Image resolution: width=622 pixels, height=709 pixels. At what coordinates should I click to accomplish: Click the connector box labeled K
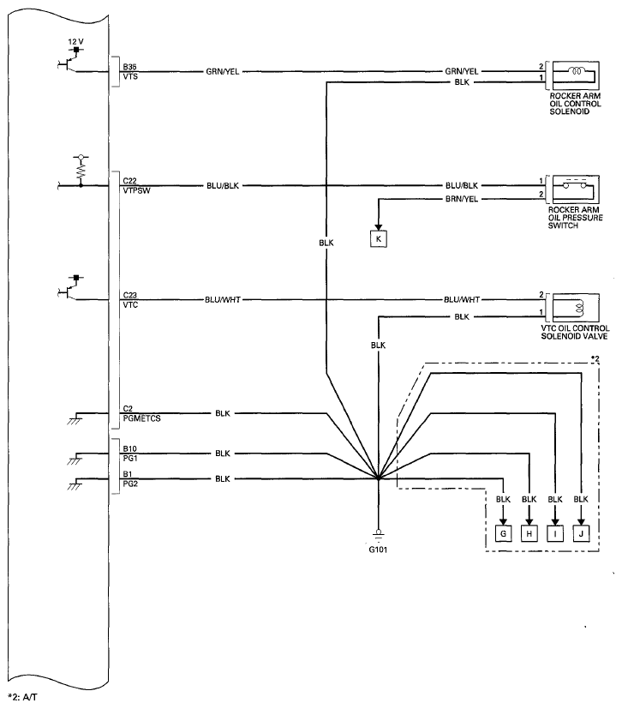click(x=379, y=238)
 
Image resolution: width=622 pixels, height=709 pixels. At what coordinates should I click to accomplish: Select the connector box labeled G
click(x=503, y=533)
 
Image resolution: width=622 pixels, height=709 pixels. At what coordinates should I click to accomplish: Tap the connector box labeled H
click(x=529, y=533)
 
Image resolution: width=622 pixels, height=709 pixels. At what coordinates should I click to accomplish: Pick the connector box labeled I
click(x=555, y=533)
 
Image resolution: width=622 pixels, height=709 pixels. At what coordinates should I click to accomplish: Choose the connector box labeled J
click(x=581, y=533)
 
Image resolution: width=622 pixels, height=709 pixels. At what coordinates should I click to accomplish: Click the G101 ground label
click(x=378, y=550)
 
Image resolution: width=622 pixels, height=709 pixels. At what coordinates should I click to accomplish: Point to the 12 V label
click(x=76, y=42)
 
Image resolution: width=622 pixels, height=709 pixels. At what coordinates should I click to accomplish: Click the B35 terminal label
click(x=129, y=67)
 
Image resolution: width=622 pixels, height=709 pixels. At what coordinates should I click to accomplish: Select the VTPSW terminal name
click(x=136, y=191)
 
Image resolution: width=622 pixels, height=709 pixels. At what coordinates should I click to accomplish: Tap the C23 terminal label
click(x=129, y=295)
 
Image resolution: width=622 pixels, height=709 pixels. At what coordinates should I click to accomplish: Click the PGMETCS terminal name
click(x=142, y=418)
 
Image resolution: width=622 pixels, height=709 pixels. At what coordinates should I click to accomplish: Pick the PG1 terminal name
click(x=130, y=459)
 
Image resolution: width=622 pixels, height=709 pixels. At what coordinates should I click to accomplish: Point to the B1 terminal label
click(x=128, y=474)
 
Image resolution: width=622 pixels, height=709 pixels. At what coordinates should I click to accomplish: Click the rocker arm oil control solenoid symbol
click(x=573, y=75)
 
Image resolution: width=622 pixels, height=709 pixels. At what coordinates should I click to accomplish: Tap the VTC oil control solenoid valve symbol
click(x=573, y=308)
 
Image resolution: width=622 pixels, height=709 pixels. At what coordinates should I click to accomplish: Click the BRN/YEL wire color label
click(x=462, y=199)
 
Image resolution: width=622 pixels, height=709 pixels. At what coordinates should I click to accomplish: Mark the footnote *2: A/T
click(x=22, y=697)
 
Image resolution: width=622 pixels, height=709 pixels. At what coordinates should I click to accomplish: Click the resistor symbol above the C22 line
click(x=81, y=171)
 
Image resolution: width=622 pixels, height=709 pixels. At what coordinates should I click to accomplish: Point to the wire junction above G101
click(x=379, y=478)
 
